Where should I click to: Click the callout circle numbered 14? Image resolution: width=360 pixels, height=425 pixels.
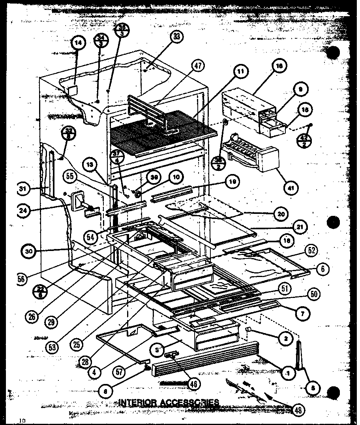[x=78, y=45]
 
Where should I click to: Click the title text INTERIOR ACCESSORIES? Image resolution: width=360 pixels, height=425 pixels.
[x=169, y=403]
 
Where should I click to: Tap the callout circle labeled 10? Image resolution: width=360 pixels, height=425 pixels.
[x=176, y=177]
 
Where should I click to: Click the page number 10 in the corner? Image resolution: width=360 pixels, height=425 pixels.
[x=22, y=421]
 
